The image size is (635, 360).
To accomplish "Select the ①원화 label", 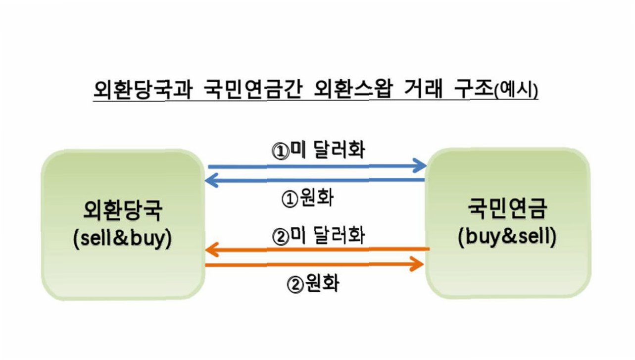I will (308, 199).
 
